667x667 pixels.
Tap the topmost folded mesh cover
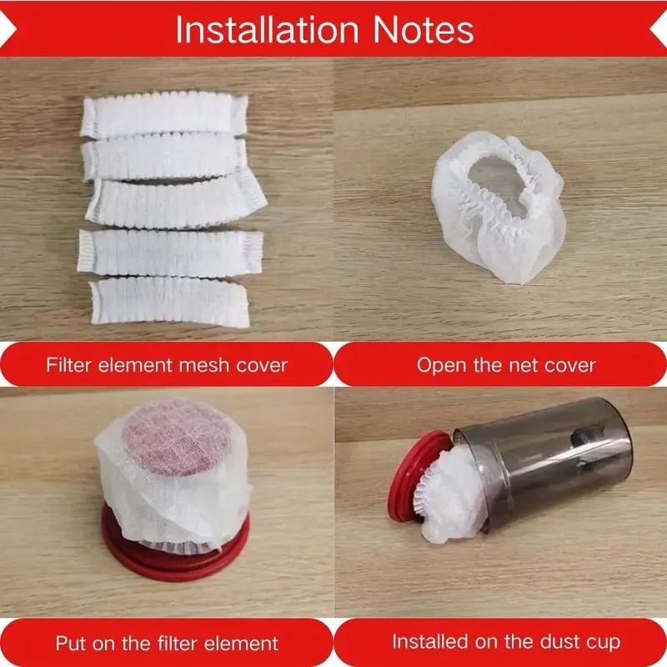coord(165,114)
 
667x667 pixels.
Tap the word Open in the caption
coord(440,365)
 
